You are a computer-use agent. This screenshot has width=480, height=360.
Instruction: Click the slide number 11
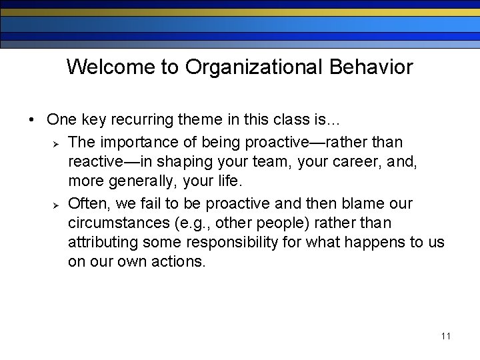445,336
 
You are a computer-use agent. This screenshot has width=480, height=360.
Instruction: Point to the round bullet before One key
31,120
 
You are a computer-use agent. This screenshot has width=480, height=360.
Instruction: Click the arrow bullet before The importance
57,143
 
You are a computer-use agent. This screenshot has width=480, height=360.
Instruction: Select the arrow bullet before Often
57,203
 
